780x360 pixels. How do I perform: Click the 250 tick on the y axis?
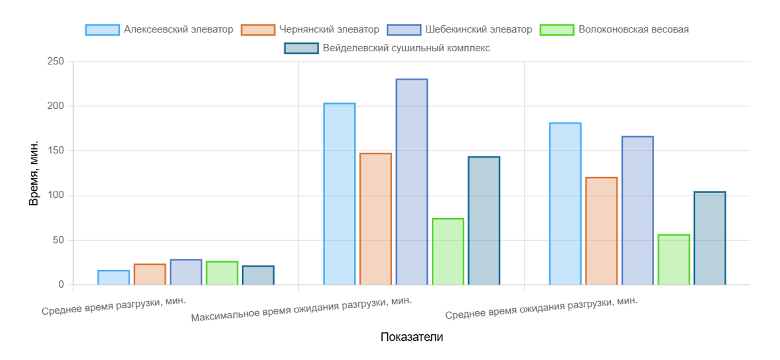(x=56, y=62)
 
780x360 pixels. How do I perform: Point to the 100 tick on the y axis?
(x=56, y=196)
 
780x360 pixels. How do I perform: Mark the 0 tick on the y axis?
(x=60, y=285)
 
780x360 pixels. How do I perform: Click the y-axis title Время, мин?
(x=34, y=173)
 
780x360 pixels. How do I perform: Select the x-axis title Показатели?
(x=411, y=337)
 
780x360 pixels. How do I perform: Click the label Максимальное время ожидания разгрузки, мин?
(x=302, y=309)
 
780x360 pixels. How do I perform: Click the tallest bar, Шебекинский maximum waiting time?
(x=411, y=182)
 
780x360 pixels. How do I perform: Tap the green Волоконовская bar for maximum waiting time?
(x=448, y=252)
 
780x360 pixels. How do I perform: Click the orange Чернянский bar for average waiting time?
(x=601, y=231)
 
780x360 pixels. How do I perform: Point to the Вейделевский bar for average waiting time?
(x=710, y=238)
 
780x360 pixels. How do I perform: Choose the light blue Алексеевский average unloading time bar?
(x=114, y=278)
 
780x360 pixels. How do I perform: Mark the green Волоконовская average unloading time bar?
(x=222, y=273)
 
